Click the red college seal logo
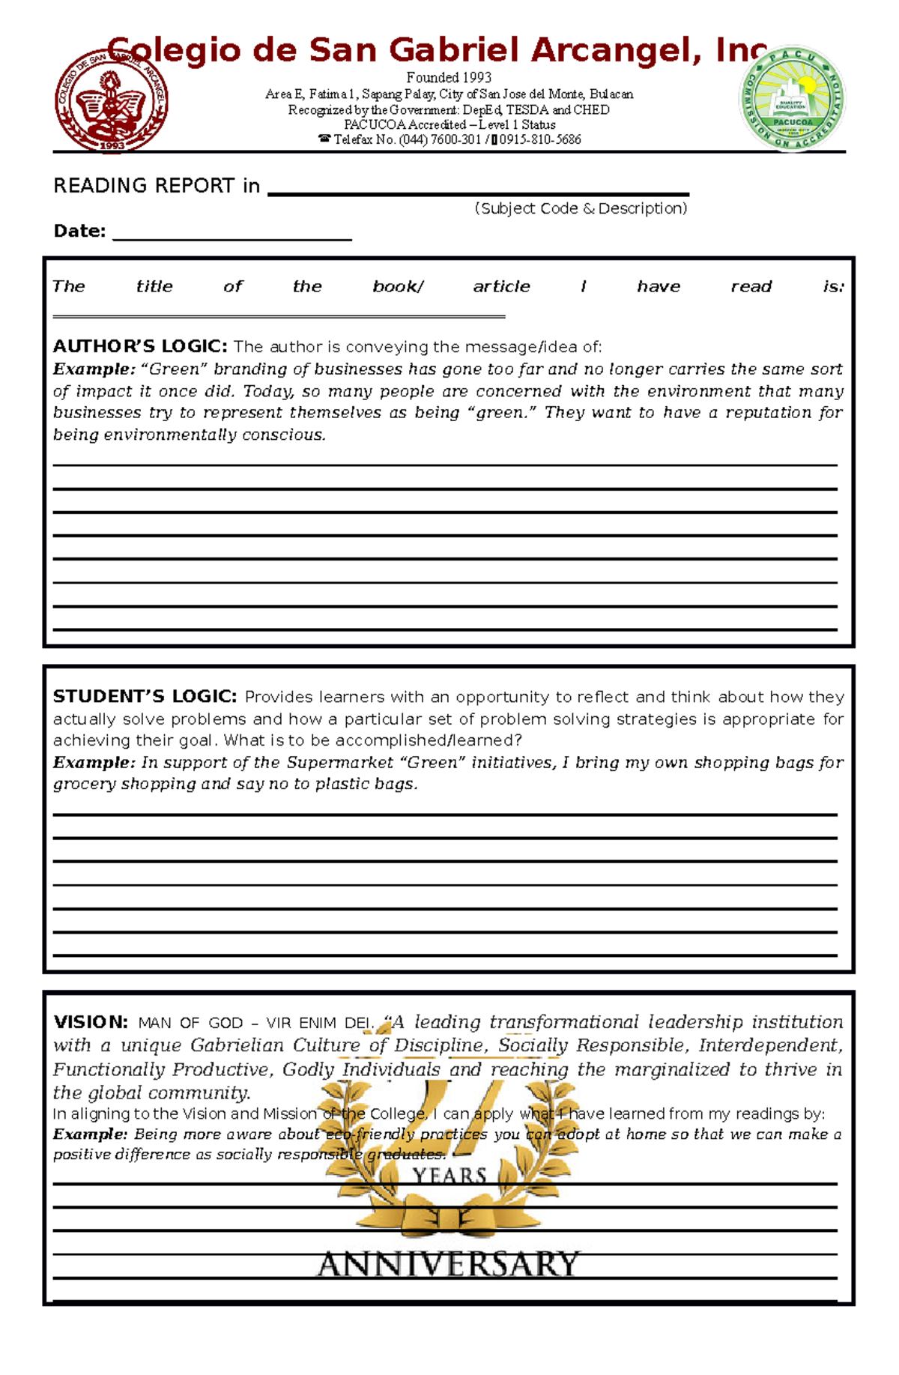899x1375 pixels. pos(112,101)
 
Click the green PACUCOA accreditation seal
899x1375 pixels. pos(793,100)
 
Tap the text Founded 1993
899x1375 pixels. pos(449,77)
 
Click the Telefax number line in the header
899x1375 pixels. pos(449,139)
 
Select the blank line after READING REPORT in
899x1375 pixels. pos(478,192)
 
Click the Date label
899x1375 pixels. pos(79,231)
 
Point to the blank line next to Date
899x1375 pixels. pos(232,237)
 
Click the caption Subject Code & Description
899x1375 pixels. pos(581,208)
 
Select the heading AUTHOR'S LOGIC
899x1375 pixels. pos(139,346)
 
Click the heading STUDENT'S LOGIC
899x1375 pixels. pos(145,696)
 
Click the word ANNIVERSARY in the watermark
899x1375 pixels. pos(448,1264)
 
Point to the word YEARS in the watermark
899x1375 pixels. pos(449,1176)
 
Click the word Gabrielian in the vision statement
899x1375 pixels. pos(237,1045)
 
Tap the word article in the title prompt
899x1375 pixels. pos(501,286)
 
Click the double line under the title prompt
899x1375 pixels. pos(279,316)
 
